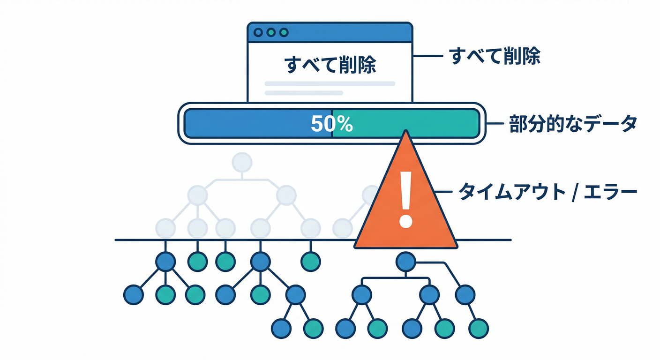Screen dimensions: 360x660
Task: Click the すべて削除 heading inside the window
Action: pos(330,66)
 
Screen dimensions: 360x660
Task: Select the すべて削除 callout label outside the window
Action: pos(495,56)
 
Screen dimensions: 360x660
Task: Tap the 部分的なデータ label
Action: pos(573,124)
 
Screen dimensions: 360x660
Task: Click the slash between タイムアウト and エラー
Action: pos(574,192)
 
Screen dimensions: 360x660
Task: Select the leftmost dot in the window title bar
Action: pos(258,32)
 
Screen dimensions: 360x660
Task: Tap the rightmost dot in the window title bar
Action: pos(283,32)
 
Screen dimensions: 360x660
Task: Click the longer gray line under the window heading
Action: pos(330,84)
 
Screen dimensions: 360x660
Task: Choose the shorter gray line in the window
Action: pos(304,93)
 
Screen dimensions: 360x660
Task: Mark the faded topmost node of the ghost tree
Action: pos(242,162)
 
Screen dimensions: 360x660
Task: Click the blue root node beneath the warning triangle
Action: pos(406,262)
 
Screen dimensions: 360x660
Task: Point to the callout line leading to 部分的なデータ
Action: pos(495,124)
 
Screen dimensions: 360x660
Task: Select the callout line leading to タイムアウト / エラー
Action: pos(444,192)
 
